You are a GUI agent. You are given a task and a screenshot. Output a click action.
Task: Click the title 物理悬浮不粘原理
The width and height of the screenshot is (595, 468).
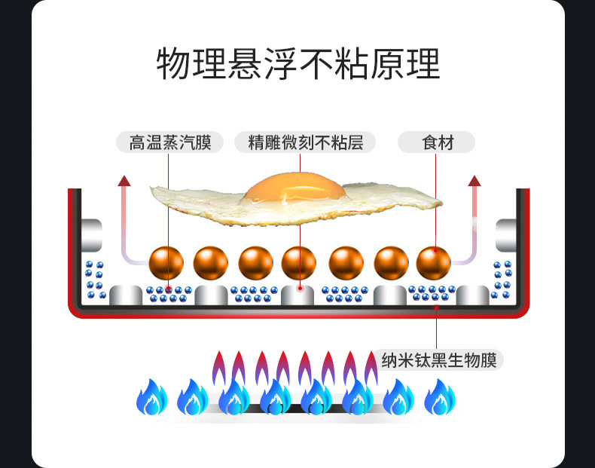point(297,64)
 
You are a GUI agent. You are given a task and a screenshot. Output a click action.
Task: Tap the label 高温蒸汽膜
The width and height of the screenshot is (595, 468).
point(169,142)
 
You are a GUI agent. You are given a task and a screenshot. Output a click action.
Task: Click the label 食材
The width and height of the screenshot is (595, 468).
point(436,142)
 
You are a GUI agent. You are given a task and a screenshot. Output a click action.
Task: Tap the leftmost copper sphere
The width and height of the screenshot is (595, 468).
point(166,263)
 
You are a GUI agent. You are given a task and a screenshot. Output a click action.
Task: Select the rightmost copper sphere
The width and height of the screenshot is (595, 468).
point(434,263)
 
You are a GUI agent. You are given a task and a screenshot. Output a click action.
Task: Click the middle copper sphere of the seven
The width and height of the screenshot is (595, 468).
point(299,263)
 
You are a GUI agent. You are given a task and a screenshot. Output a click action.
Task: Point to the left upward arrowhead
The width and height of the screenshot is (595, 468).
point(125,180)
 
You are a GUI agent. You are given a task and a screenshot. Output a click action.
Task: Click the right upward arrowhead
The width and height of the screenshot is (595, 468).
point(474,180)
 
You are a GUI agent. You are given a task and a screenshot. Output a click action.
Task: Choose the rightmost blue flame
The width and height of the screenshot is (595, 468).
point(440,397)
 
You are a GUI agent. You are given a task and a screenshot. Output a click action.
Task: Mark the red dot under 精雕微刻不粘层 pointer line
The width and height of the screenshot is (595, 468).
point(300,287)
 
